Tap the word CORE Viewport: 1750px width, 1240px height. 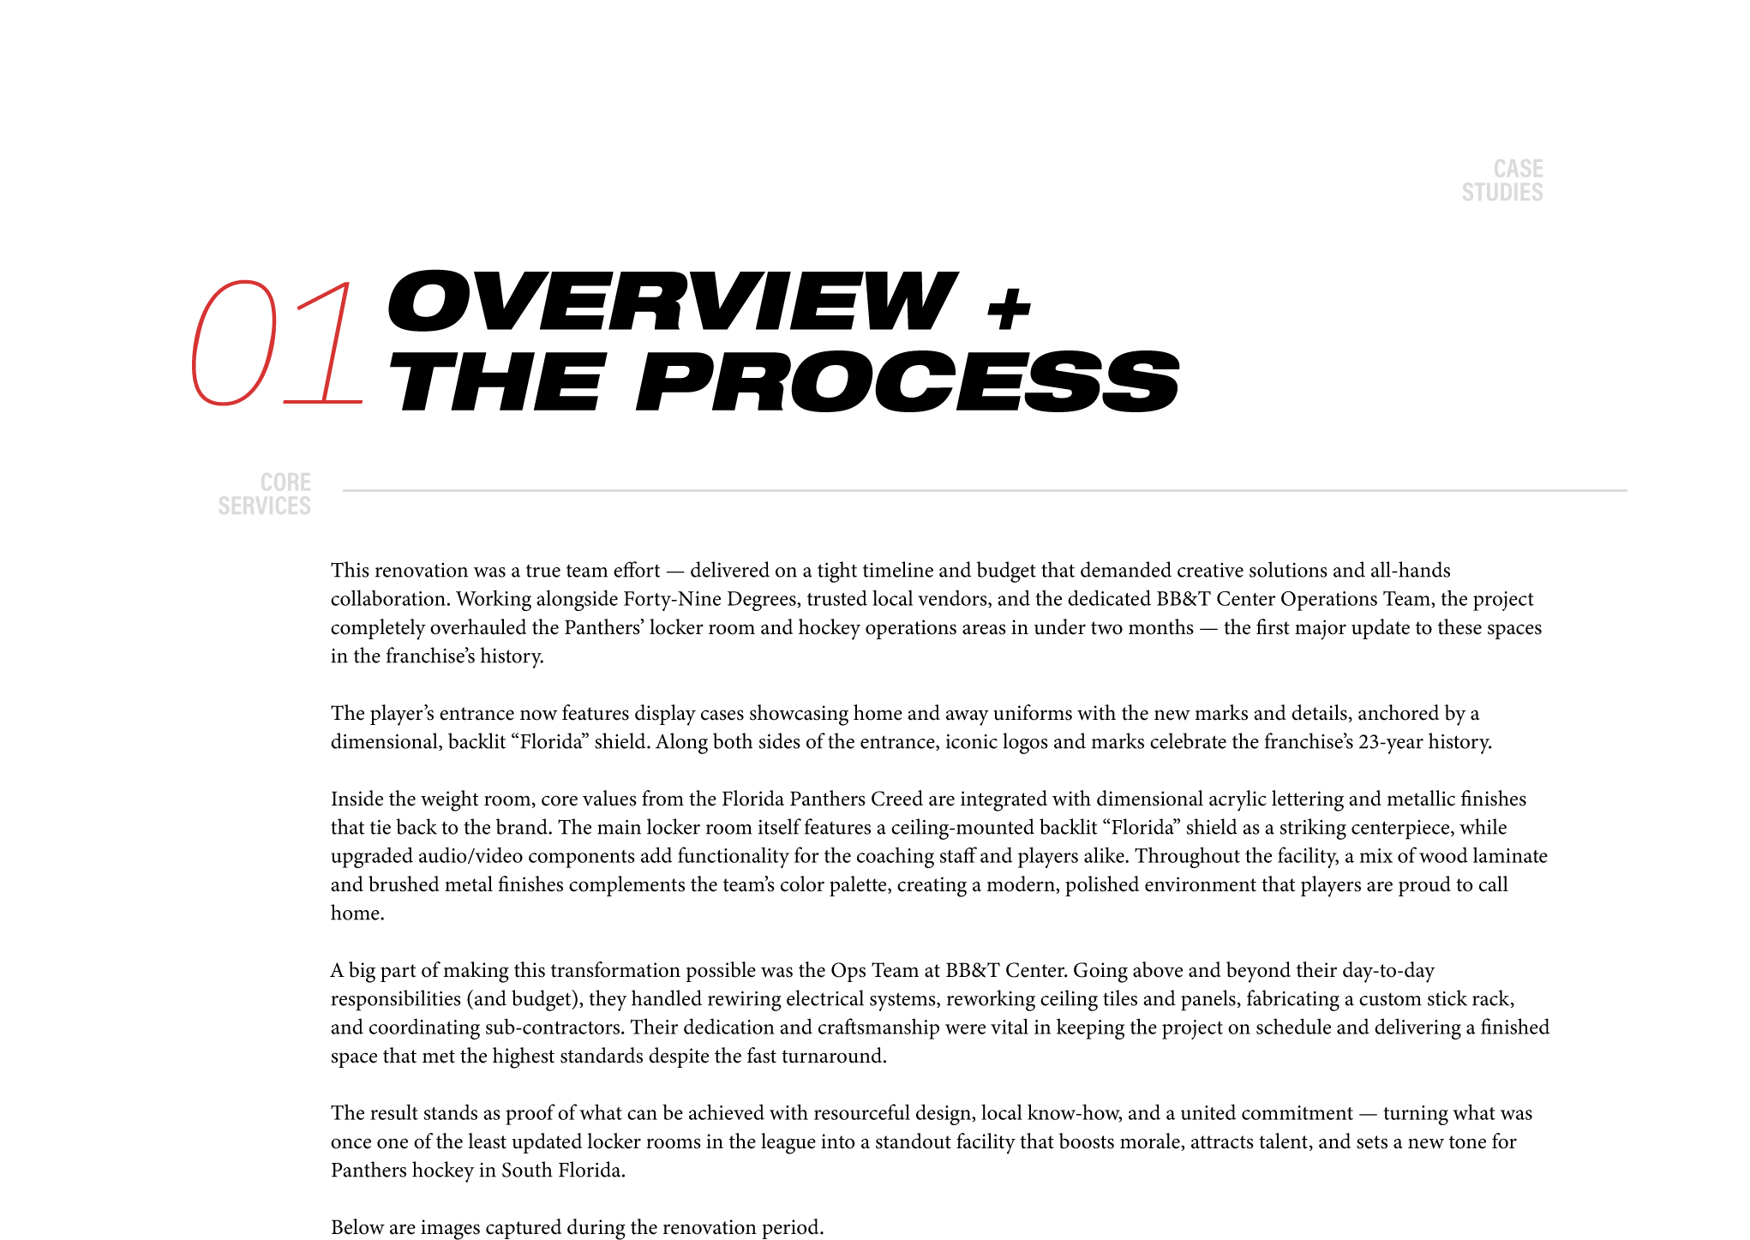[285, 482]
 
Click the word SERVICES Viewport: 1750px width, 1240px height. [264, 506]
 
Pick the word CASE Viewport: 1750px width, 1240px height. [1518, 169]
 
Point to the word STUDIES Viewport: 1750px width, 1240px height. [1501, 193]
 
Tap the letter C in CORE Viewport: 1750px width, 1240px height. [266, 482]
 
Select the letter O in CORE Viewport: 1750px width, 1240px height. [279, 482]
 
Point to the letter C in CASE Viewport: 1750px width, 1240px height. [1500, 169]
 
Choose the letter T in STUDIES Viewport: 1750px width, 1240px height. [1479, 193]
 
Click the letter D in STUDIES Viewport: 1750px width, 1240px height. [1505, 193]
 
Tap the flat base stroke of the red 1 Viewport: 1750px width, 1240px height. [322, 401]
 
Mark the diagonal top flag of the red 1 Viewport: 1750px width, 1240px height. [322, 295]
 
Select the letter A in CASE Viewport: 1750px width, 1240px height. [1513, 169]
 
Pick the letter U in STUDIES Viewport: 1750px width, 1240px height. [1492, 193]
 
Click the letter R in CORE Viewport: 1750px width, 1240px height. [292, 482]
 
